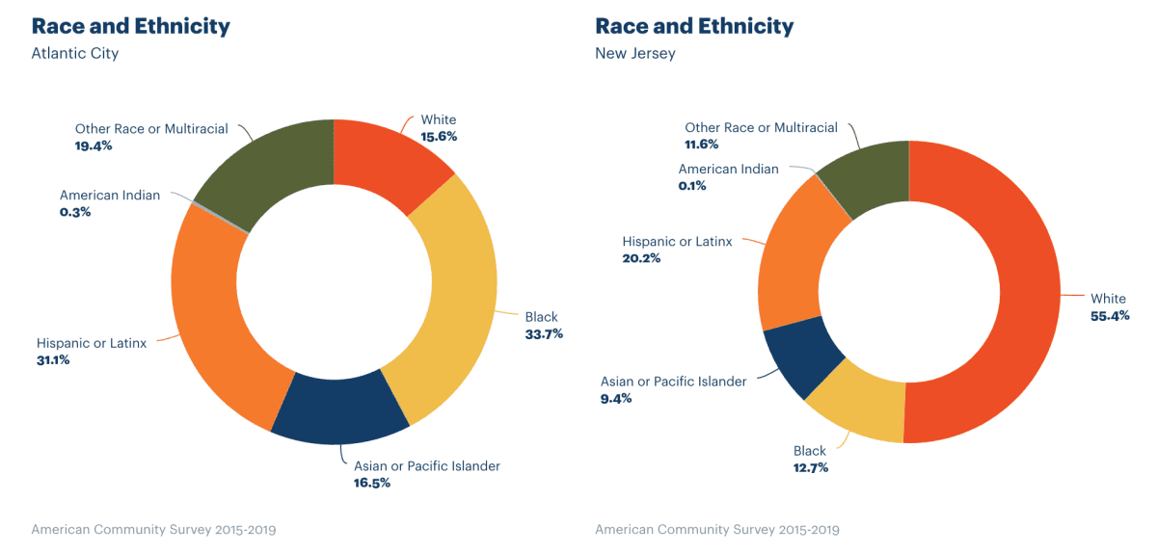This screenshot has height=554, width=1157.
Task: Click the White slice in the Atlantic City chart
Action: [386, 159]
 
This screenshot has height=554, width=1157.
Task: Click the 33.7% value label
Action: [544, 334]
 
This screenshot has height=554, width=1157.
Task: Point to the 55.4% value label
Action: [1110, 316]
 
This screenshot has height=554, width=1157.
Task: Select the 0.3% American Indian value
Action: [75, 212]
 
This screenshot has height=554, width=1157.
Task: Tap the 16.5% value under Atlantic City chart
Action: [372, 483]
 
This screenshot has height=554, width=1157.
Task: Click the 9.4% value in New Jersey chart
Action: [616, 398]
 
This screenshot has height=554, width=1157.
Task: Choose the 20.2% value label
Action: [641, 258]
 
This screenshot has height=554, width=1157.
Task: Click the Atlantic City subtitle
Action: [75, 54]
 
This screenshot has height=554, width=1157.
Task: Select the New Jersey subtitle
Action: [635, 54]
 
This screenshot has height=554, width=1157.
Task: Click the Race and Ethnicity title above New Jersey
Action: [694, 26]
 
